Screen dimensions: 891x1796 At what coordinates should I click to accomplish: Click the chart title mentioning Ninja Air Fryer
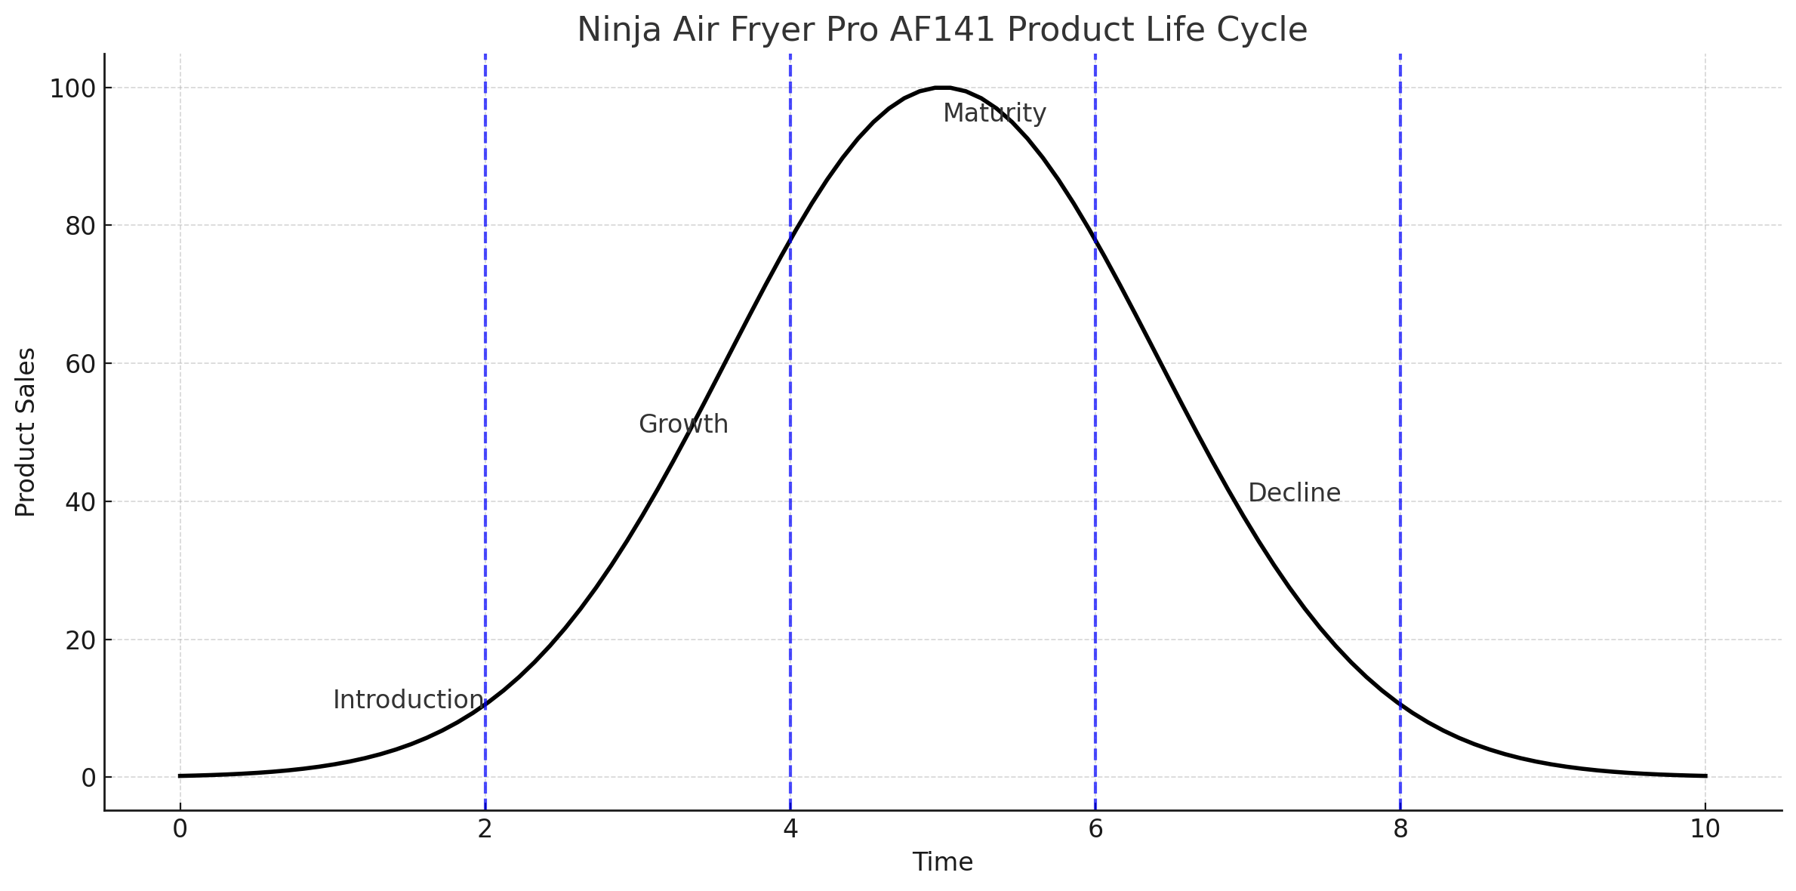(x=941, y=30)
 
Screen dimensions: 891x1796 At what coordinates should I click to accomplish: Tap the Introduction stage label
(x=408, y=700)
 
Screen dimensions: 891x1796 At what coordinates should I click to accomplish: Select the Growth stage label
(x=683, y=424)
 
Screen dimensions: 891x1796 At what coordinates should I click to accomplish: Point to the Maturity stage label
(x=994, y=113)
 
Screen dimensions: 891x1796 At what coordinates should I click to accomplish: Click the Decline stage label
(x=1294, y=493)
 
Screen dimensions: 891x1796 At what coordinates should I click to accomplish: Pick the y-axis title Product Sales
(x=26, y=432)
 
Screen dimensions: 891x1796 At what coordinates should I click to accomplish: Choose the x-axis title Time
(x=942, y=862)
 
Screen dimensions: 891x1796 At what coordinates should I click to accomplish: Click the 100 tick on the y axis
(x=72, y=89)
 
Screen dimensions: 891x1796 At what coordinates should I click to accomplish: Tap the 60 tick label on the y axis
(x=79, y=364)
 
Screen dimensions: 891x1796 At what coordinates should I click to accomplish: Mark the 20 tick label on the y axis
(x=79, y=640)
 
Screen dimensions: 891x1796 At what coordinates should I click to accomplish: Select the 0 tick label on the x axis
(x=180, y=829)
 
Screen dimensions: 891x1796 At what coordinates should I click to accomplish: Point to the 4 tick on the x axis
(x=790, y=829)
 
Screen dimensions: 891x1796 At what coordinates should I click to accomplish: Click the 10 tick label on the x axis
(x=1705, y=829)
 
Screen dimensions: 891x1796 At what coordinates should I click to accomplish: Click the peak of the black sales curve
(x=942, y=88)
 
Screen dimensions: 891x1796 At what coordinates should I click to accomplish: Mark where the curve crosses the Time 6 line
(x=1095, y=236)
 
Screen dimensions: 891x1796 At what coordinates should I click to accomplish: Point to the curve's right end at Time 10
(x=1705, y=775)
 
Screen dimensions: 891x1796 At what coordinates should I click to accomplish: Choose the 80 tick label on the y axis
(x=79, y=226)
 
